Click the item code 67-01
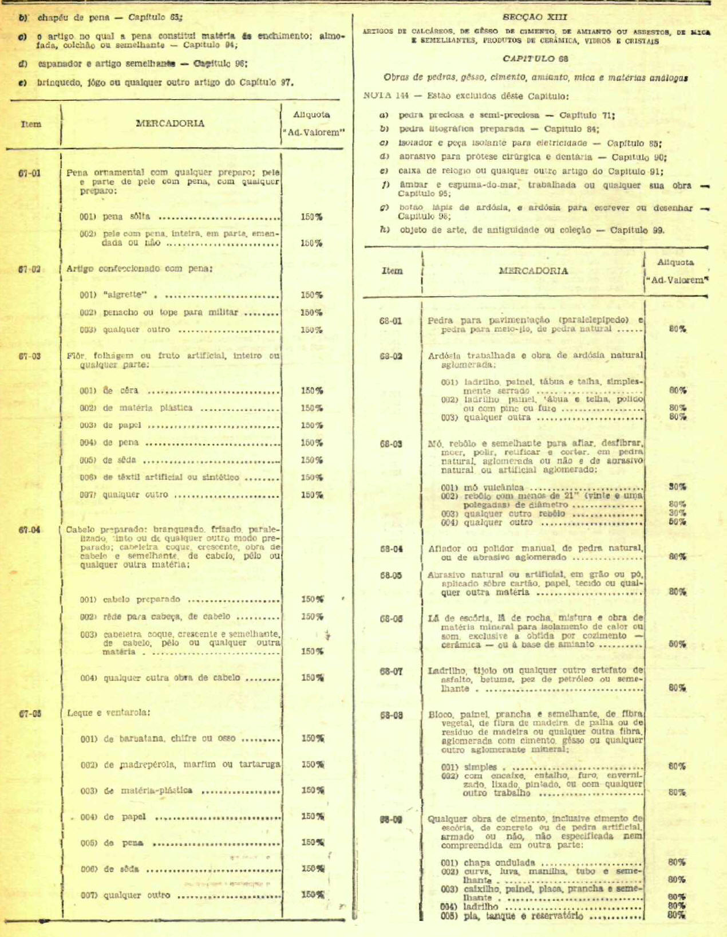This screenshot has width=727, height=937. (29, 173)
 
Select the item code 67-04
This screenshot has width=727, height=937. (29, 530)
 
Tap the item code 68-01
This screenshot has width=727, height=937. (390, 321)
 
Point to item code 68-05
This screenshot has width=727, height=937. (390, 575)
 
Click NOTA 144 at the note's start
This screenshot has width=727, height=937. (386, 96)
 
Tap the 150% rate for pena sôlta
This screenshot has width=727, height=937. (311, 217)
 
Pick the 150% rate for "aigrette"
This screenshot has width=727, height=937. (311, 295)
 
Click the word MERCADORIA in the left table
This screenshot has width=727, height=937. (170, 123)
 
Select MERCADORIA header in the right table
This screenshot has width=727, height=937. (533, 271)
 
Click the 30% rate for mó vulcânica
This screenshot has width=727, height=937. (678, 487)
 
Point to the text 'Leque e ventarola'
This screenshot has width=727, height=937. (109, 712)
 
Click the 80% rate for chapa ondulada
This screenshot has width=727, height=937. (677, 862)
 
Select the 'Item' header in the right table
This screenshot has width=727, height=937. (392, 271)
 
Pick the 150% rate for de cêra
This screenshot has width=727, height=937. (311, 391)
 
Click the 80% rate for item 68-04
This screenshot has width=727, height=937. (678, 557)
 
